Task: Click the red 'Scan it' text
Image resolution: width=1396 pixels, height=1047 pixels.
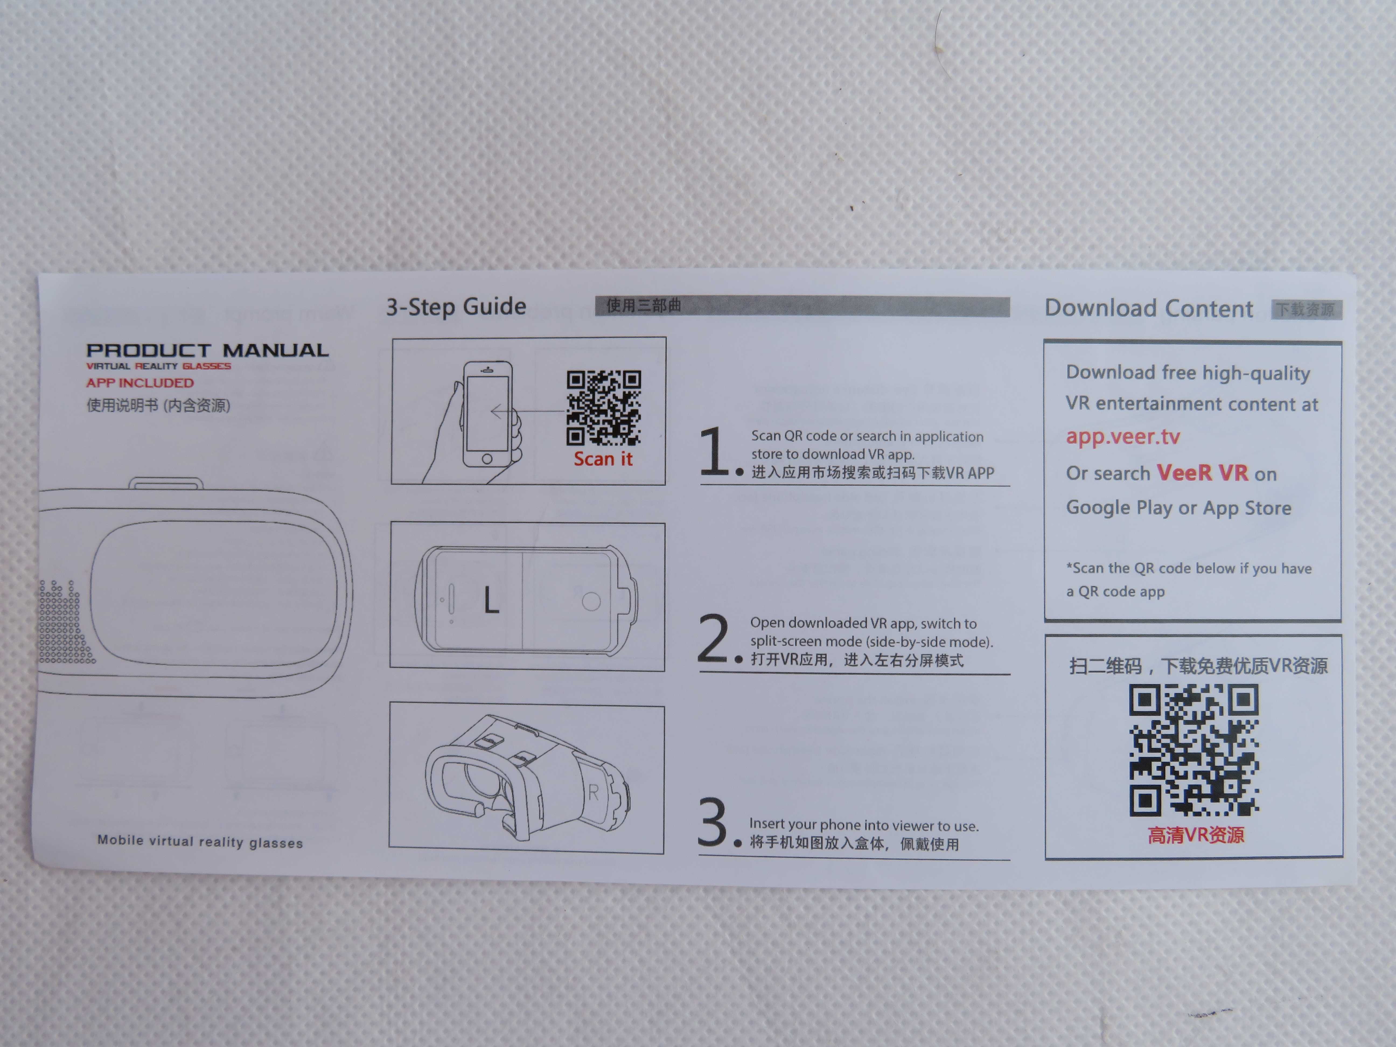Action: point(603,459)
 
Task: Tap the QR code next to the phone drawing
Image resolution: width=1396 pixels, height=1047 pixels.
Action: point(604,408)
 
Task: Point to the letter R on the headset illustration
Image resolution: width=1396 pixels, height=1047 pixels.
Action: point(593,793)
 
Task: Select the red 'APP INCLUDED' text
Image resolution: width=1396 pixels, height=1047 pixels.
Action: point(140,383)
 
